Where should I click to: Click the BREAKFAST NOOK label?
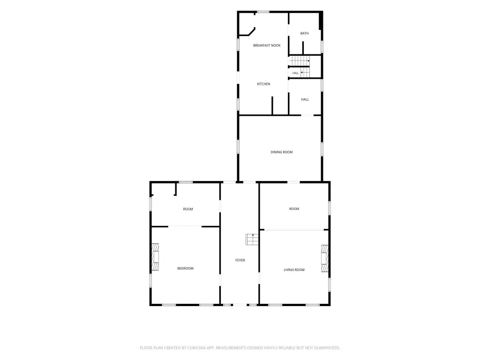pos(267,45)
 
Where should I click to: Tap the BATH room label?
pos(304,33)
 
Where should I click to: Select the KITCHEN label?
pos(263,84)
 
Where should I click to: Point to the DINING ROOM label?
pos(282,152)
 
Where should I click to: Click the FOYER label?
pos(240,260)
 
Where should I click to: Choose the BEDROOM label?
pos(186,269)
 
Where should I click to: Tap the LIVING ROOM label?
pos(294,270)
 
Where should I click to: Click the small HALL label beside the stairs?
pos(295,73)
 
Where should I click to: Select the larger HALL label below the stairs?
pos(305,99)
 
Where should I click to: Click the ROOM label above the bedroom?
pos(188,209)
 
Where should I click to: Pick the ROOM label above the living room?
pos(294,209)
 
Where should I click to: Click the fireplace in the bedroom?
pos(156,257)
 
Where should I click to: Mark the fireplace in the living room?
pos(324,258)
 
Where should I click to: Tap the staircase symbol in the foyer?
pos(252,240)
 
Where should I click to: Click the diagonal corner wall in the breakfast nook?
pos(252,31)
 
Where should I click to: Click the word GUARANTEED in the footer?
pos(328,348)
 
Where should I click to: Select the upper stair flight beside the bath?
pos(300,61)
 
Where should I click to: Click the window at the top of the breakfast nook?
pos(263,12)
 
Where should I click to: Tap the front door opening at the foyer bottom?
pos(240,305)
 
